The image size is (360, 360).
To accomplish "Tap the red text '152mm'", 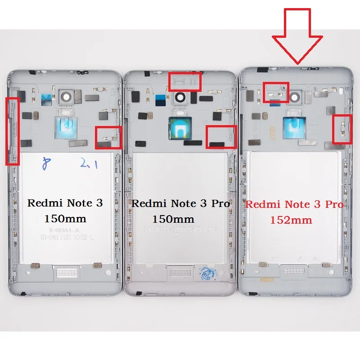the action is [291, 220].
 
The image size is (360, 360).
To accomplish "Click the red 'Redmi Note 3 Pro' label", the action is [294, 205].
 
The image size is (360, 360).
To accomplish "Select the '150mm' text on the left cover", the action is [65, 219].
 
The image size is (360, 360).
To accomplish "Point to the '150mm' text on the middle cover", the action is [173, 219].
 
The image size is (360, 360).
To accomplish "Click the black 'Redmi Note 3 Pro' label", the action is [180, 203].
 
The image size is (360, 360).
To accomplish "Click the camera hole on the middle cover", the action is [180, 96].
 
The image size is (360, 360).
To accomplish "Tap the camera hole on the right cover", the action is [298, 96].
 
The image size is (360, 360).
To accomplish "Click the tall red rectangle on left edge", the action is [12, 130].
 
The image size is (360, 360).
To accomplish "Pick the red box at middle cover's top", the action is [184, 81].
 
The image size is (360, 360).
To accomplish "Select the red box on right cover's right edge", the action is [342, 129].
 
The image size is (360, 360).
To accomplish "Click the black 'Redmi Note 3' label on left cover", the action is [65, 203].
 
